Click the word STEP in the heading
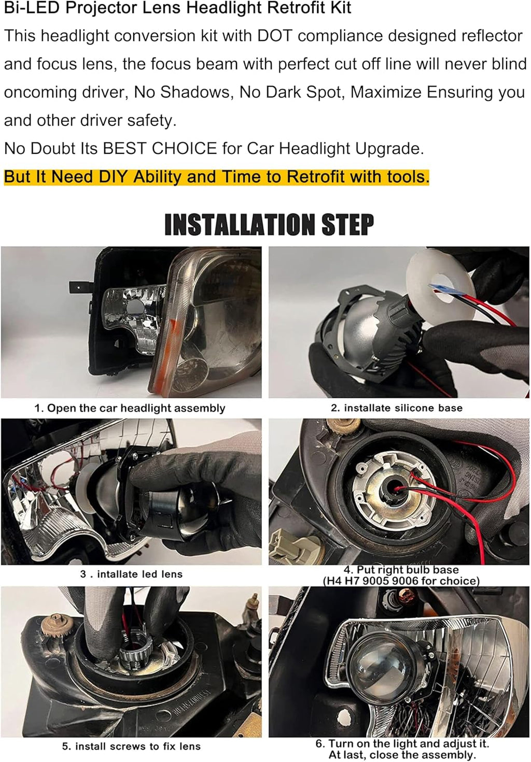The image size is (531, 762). [348, 224]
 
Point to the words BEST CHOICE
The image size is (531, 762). [160, 148]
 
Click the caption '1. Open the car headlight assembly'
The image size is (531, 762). [130, 408]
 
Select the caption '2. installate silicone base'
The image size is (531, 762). [397, 408]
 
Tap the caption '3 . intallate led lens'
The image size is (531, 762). [131, 574]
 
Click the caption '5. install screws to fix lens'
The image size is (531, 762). [131, 746]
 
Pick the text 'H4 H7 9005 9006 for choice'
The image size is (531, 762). [401, 581]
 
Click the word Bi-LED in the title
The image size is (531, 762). [32, 7]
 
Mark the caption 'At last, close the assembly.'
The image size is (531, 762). [402, 755]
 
